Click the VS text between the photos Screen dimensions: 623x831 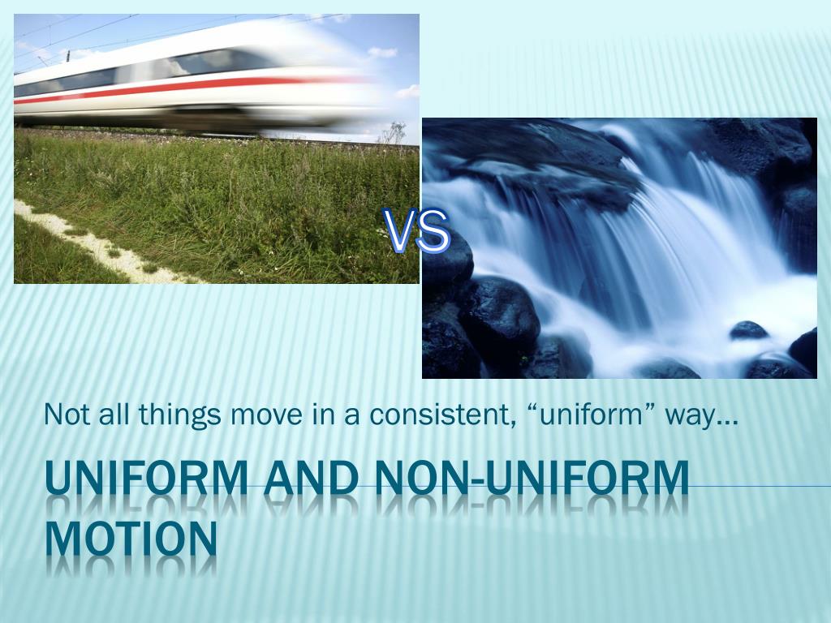click(416, 231)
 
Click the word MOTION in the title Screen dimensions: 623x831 click(131, 538)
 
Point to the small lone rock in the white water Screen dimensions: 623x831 click(747, 330)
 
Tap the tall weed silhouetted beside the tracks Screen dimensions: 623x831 click(395, 132)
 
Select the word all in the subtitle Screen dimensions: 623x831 click(110, 415)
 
